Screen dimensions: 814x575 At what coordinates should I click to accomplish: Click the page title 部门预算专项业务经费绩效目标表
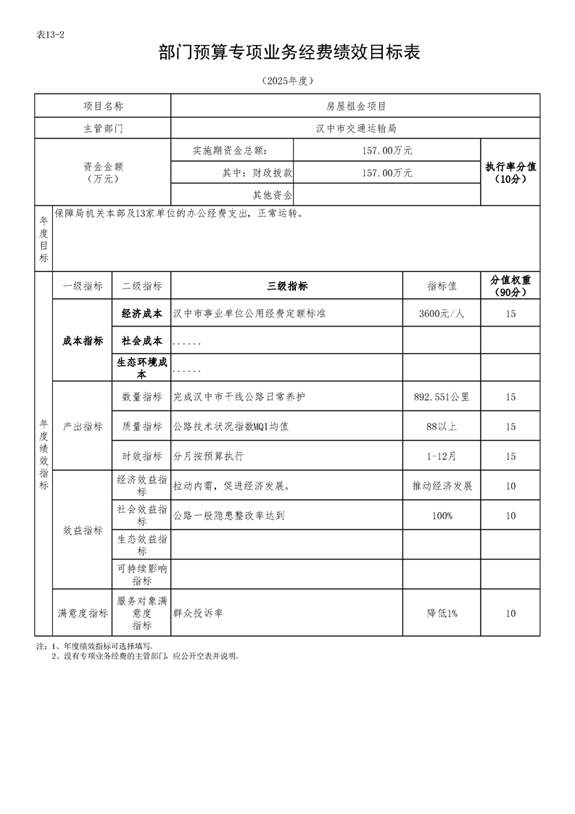(x=289, y=53)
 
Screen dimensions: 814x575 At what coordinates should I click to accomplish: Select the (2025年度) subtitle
(x=289, y=81)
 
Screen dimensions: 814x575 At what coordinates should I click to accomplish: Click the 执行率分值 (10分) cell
(x=510, y=173)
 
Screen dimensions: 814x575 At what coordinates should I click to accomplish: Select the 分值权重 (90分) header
(x=510, y=286)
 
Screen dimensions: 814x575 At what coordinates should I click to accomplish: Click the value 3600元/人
(x=442, y=313)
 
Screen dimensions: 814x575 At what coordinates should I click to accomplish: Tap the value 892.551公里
(x=442, y=397)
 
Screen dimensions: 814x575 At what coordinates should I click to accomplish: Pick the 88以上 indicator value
(x=442, y=427)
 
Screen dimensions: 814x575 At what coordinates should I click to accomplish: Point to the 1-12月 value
(x=442, y=456)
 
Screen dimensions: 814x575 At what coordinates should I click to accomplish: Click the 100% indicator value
(x=442, y=515)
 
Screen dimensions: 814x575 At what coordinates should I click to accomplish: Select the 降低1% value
(x=442, y=613)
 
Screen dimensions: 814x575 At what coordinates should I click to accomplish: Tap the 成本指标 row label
(x=83, y=341)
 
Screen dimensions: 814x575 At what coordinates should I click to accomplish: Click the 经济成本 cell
(x=141, y=313)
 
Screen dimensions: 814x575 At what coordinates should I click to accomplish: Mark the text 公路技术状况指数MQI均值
(x=231, y=427)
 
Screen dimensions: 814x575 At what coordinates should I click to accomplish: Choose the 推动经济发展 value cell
(x=442, y=485)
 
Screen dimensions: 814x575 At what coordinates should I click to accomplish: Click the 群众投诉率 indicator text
(x=198, y=613)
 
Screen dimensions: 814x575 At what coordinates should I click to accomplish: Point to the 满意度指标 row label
(x=83, y=613)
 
